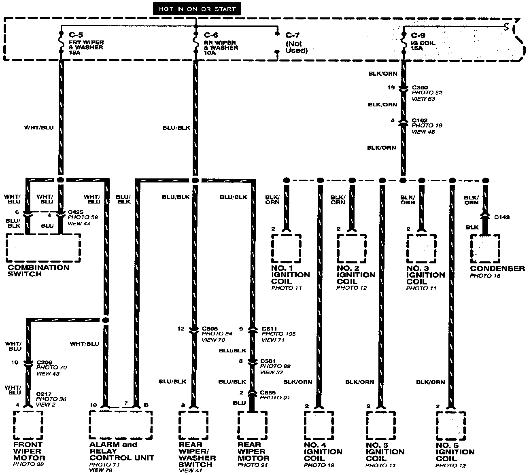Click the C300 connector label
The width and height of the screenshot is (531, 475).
[420, 87]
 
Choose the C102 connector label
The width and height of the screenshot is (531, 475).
[420, 120]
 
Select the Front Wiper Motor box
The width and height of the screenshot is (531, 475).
[28, 425]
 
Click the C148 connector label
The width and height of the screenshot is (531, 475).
[502, 217]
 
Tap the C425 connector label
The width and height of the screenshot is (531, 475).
[76, 212]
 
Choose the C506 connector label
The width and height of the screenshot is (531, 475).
[210, 329]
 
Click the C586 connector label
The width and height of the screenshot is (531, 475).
[268, 392]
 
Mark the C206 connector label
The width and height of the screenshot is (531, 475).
[44, 362]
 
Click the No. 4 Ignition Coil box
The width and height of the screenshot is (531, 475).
[319, 426]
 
